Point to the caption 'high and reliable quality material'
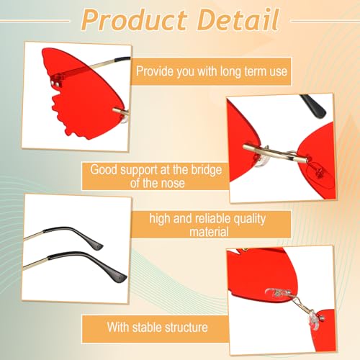click(217, 224)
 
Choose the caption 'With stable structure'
click(158, 327)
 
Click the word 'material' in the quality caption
click(217, 232)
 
